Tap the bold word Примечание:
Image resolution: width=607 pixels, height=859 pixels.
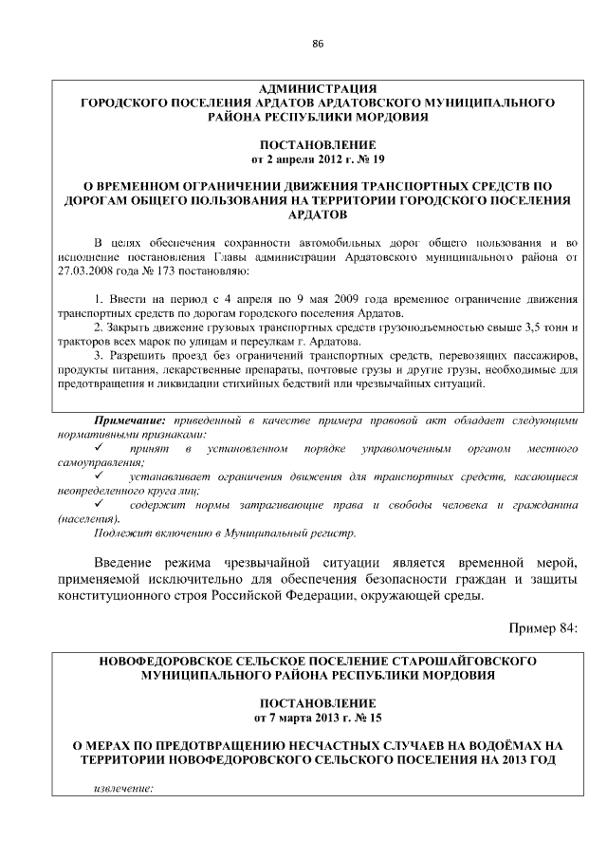[130, 420]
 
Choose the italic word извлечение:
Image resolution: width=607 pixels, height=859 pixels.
[124, 787]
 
